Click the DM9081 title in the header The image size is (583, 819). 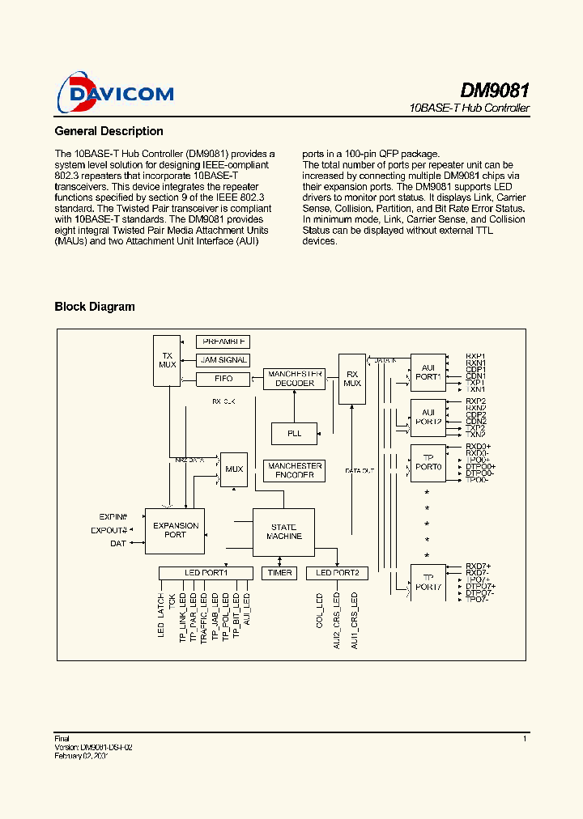(x=495, y=90)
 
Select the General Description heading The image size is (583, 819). (x=109, y=131)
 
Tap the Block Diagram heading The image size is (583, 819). (x=95, y=307)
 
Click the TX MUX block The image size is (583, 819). (x=168, y=360)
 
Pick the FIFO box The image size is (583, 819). (x=223, y=379)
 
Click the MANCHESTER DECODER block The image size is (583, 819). (x=295, y=379)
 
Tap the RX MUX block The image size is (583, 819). (x=352, y=378)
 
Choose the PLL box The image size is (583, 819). (x=294, y=434)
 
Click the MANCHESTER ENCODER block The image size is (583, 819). (x=295, y=471)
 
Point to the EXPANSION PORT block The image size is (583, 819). (x=175, y=531)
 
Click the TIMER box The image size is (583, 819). (x=279, y=573)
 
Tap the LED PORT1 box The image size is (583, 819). (x=206, y=573)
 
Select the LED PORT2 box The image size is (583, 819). (x=338, y=573)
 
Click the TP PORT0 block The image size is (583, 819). (x=428, y=464)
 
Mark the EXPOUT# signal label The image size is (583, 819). (x=109, y=530)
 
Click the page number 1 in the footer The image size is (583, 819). (x=525, y=738)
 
